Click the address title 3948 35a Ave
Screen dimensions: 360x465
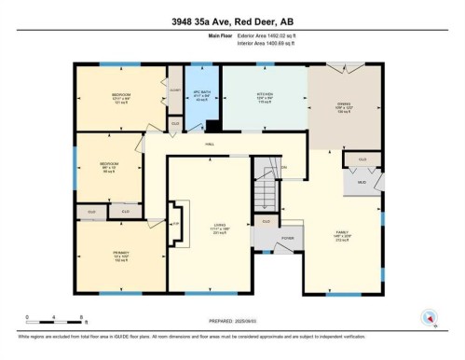[x=232, y=21]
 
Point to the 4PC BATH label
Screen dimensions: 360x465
[x=198, y=96]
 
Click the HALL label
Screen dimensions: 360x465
[x=209, y=144]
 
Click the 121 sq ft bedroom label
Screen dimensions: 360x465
[x=120, y=97]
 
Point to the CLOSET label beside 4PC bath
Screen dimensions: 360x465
[x=174, y=90]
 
